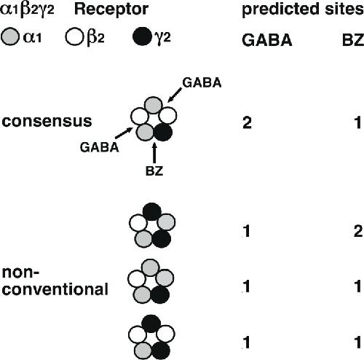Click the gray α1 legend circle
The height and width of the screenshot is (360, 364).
point(10,36)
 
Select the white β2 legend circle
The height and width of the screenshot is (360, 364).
point(74,36)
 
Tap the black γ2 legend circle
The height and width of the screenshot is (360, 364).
point(142,36)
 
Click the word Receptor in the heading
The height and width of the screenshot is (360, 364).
point(111,9)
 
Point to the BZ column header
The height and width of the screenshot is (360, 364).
point(353,40)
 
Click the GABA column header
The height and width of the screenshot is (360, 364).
point(267,40)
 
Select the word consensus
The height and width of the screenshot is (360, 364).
point(47,121)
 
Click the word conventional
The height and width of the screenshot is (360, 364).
point(55,289)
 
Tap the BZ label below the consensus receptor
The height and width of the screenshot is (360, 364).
point(154,171)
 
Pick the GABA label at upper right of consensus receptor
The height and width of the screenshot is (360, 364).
point(202,83)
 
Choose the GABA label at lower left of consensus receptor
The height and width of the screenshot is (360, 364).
point(100,147)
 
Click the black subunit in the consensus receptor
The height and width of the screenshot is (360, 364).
point(163,132)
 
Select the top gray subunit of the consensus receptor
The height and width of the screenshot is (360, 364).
point(154,105)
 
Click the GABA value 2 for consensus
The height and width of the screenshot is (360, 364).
point(247,122)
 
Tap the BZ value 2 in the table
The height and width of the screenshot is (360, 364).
point(358,231)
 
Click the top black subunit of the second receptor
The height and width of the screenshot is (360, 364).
point(152,211)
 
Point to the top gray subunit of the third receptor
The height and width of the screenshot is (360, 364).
point(151,268)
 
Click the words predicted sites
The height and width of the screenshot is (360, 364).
point(303,9)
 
